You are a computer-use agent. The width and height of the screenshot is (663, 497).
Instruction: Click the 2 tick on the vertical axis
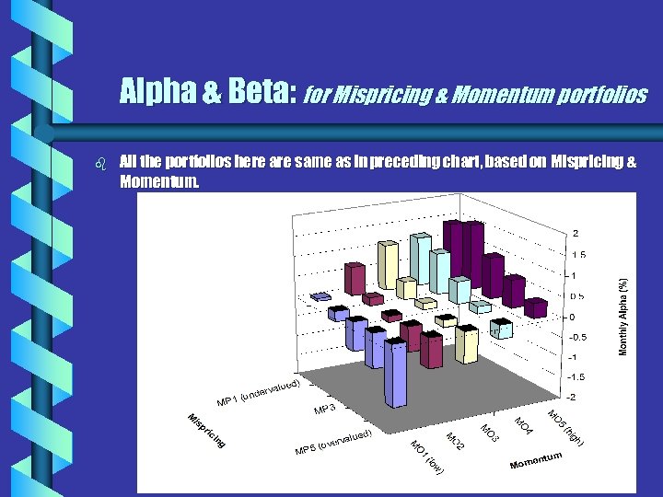576,233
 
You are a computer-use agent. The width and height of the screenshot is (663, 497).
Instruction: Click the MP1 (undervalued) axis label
258,391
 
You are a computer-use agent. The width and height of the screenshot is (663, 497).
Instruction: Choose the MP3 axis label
324,409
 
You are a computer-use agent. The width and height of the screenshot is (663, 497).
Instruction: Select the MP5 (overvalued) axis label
332,442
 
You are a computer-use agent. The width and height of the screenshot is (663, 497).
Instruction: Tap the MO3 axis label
490,431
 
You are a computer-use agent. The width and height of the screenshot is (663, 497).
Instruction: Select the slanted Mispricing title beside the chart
206,433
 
